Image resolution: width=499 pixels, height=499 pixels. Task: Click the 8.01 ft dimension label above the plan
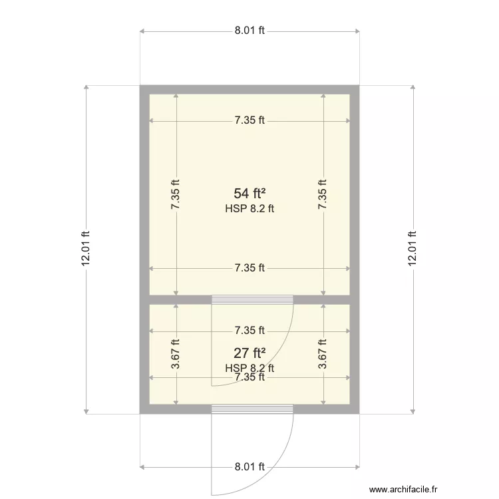[249, 31]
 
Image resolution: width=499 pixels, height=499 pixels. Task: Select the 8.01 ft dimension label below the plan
[249, 466]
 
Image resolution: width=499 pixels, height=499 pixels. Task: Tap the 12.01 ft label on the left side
[86, 249]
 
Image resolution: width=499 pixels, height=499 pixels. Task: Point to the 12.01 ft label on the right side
[413, 249]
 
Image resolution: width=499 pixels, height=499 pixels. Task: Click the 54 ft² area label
[249, 194]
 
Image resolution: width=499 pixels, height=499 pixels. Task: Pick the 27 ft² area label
[249, 353]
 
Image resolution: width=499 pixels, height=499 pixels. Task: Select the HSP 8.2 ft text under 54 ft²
[249, 208]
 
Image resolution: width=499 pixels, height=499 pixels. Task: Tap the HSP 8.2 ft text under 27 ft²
[249, 368]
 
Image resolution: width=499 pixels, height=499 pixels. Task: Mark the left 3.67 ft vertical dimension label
[176, 354]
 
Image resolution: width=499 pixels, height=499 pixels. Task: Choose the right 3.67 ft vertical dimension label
[323, 354]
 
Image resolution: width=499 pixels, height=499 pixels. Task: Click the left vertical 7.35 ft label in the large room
[176, 195]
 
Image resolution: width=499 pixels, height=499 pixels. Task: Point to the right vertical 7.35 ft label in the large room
[323, 195]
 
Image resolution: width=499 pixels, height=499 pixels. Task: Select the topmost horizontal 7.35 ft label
[249, 120]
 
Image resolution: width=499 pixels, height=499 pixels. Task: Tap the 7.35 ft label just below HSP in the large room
[249, 268]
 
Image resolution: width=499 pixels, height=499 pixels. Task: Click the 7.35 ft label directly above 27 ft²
[249, 330]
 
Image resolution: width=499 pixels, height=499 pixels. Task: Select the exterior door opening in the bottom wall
[252, 408]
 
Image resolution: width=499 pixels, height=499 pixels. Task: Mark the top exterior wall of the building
[249, 90]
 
